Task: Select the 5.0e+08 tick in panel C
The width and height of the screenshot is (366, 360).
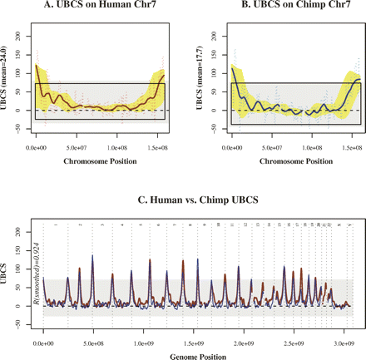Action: click(x=94, y=341)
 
